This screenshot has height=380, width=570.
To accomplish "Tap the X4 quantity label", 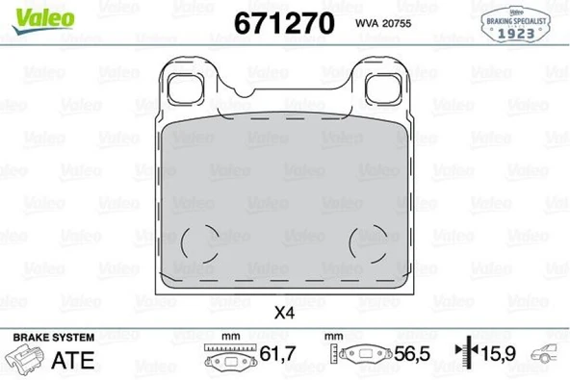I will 284,313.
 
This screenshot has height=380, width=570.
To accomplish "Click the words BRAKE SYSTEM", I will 53,337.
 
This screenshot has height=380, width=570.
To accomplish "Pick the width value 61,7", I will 279,357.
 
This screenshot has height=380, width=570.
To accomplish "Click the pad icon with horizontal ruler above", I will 229,358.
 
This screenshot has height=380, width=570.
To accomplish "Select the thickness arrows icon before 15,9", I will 467,356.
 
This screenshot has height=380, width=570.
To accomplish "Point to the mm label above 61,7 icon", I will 229,337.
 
